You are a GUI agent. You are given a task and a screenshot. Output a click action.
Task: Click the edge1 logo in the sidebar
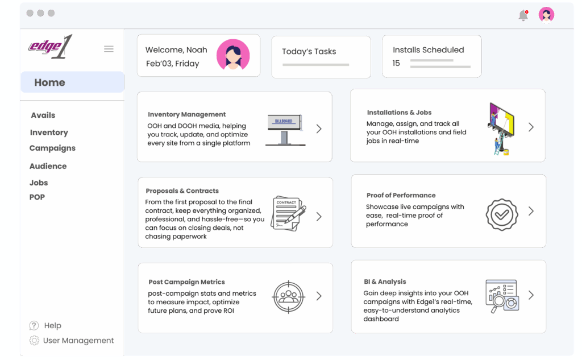click(x=50, y=47)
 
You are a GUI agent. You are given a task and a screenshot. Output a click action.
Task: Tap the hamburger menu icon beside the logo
click(x=109, y=49)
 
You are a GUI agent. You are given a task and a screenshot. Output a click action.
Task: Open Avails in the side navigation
click(x=43, y=115)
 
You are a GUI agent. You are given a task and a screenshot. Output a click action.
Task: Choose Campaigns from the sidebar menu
click(x=52, y=148)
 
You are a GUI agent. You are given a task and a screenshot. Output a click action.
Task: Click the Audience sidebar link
click(x=48, y=166)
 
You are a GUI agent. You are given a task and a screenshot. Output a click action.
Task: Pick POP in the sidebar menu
click(x=37, y=197)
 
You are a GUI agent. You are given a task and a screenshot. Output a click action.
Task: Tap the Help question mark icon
click(x=34, y=325)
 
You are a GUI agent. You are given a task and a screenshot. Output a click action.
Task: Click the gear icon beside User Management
click(x=34, y=340)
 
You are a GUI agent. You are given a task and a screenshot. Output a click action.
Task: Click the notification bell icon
click(x=523, y=15)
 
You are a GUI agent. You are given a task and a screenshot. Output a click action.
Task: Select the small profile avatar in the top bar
click(x=546, y=15)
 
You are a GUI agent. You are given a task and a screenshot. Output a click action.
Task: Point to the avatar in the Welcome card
click(x=233, y=55)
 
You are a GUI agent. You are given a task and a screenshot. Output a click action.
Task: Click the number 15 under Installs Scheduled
click(x=396, y=63)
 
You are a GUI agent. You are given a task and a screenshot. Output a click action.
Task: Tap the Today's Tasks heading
click(x=309, y=51)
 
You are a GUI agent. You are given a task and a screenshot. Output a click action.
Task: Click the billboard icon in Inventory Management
click(x=285, y=130)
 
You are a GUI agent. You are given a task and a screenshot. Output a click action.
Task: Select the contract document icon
click(x=288, y=214)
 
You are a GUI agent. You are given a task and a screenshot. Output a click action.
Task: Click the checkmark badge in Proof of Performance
click(x=502, y=214)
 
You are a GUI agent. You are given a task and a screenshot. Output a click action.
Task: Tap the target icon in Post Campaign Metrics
click(x=289, y=297)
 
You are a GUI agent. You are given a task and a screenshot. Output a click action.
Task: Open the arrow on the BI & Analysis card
click(x=531, y=295)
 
